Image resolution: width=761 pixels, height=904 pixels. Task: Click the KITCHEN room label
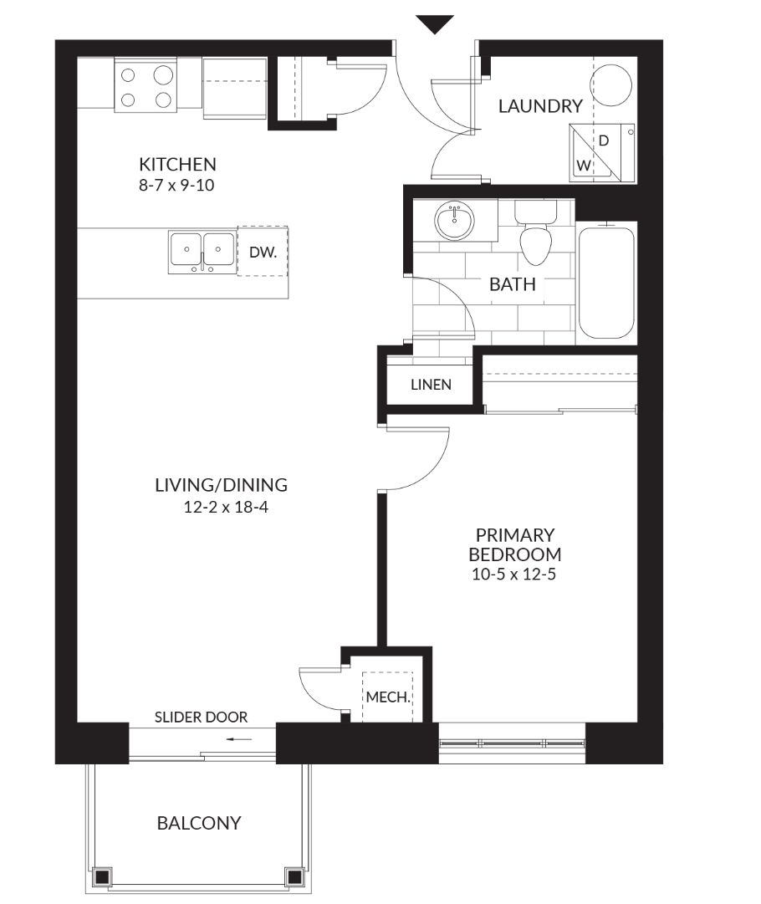coord(177,164)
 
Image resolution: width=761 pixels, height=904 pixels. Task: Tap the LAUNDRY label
coord(540,106)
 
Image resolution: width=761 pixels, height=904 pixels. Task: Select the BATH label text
coord(513,284)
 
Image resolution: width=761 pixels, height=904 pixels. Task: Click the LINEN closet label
coord(432,385)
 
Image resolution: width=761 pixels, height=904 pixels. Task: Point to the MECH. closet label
coord(388,697)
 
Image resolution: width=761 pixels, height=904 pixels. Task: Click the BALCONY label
coord(199,823)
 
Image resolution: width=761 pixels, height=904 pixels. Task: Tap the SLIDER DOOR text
coord(202,718)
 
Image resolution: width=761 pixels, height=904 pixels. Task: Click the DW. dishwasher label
coord(263,252)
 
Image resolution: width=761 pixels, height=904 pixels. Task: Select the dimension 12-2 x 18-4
coord(226,508)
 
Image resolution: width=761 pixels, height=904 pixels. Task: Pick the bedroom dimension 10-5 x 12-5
coord(513,575)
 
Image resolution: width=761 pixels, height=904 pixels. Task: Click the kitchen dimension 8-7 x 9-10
coord(176,185)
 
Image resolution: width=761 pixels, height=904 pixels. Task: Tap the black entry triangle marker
coord(435,24)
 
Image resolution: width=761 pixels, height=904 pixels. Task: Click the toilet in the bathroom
coord(535,232)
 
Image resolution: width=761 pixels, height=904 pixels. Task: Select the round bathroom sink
coord(455,221)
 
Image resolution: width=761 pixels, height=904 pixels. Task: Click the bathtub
coord(606,281)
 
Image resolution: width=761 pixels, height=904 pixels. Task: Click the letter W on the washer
coord(584,166)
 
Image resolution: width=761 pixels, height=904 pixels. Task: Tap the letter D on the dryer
coord(604,140)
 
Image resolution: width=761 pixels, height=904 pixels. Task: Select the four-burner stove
coord(146,84)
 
